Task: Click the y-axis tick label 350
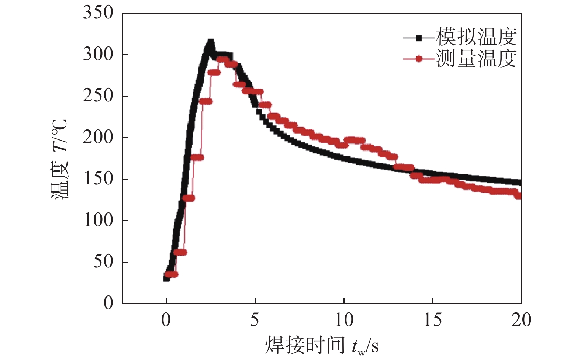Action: click(98, 13)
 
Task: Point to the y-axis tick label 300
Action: click(98, 55)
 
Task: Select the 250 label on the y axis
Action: click(98, 96)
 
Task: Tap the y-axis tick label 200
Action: click(98, 138)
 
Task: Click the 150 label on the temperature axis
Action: click(98, 179)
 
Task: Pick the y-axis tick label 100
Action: click(98, 221)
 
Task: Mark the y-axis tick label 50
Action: click(103, 262)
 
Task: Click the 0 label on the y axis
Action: click(108, 303)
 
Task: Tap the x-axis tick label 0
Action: click(166, 320)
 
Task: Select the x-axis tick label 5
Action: click(255, 320)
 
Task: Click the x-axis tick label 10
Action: click(343, 320)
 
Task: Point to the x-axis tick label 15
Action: click(432, 320)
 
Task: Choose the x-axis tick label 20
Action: click(521, 320)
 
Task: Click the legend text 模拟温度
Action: click(476, 37)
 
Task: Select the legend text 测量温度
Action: click(476, 58)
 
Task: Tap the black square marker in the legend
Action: click(419, 38)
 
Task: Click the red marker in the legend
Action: click(419, 59)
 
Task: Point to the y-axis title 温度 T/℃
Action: click(60, 159)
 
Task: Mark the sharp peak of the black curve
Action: click(211, 42)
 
